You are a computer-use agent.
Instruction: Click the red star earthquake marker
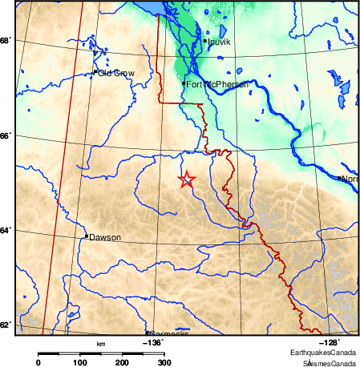186,179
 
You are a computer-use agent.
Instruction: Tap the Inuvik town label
219,41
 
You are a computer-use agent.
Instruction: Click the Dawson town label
105,237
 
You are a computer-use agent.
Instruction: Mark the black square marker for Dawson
86,236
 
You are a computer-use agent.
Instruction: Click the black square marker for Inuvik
205,41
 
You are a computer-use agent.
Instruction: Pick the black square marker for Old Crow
95,72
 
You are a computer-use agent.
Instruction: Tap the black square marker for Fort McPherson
184,83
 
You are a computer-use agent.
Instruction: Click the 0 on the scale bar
38,363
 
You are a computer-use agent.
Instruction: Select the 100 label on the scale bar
79,363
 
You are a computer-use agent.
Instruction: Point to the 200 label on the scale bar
122,363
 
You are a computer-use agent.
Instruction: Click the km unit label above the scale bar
101,344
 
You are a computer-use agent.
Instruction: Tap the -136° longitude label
152,342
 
